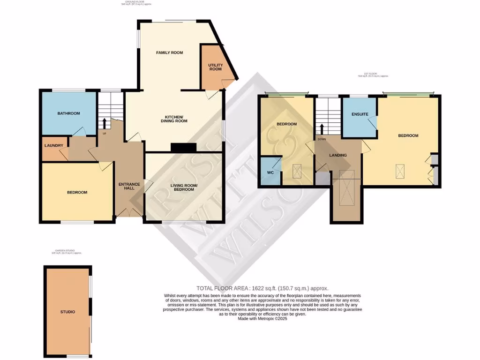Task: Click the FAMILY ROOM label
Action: click(x=169, y=52)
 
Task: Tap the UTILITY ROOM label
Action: click(x=215, y=66)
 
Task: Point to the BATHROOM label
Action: click(x=68, y=113)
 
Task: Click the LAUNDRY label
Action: click(x=53, y=145)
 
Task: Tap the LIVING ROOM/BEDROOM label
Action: click(x=184, y=188)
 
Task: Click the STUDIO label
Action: click(x=67, y=312)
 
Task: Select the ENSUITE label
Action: click(x=360, y=114)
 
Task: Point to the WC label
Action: click(x=270, y=172)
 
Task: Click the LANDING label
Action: click(x=338, y=155)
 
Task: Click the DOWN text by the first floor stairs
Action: click(x=322, y=139)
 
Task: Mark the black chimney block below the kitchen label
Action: click(x=183, y=148)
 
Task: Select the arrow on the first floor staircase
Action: click(x=322, y=129)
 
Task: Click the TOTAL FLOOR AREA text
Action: click(x=262, y=288)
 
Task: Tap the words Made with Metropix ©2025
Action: click(x=262, y=318)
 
